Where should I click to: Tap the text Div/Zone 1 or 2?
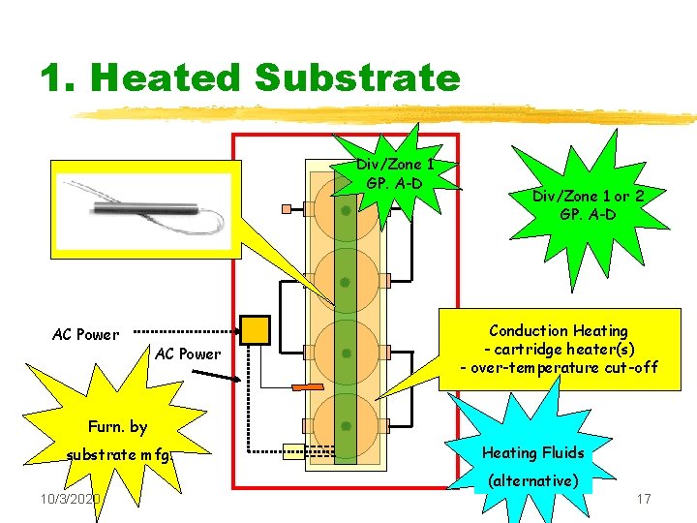588,197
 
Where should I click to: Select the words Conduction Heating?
559,331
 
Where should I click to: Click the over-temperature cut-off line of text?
559,367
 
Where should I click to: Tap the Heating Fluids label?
532,452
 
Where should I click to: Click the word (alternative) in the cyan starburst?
533,480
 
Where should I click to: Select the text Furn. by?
117,426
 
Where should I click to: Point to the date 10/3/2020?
73,499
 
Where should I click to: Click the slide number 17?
644,499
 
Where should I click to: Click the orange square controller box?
256,330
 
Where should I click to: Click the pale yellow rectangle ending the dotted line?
293,448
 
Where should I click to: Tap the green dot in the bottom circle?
345,426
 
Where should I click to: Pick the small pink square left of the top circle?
286,208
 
